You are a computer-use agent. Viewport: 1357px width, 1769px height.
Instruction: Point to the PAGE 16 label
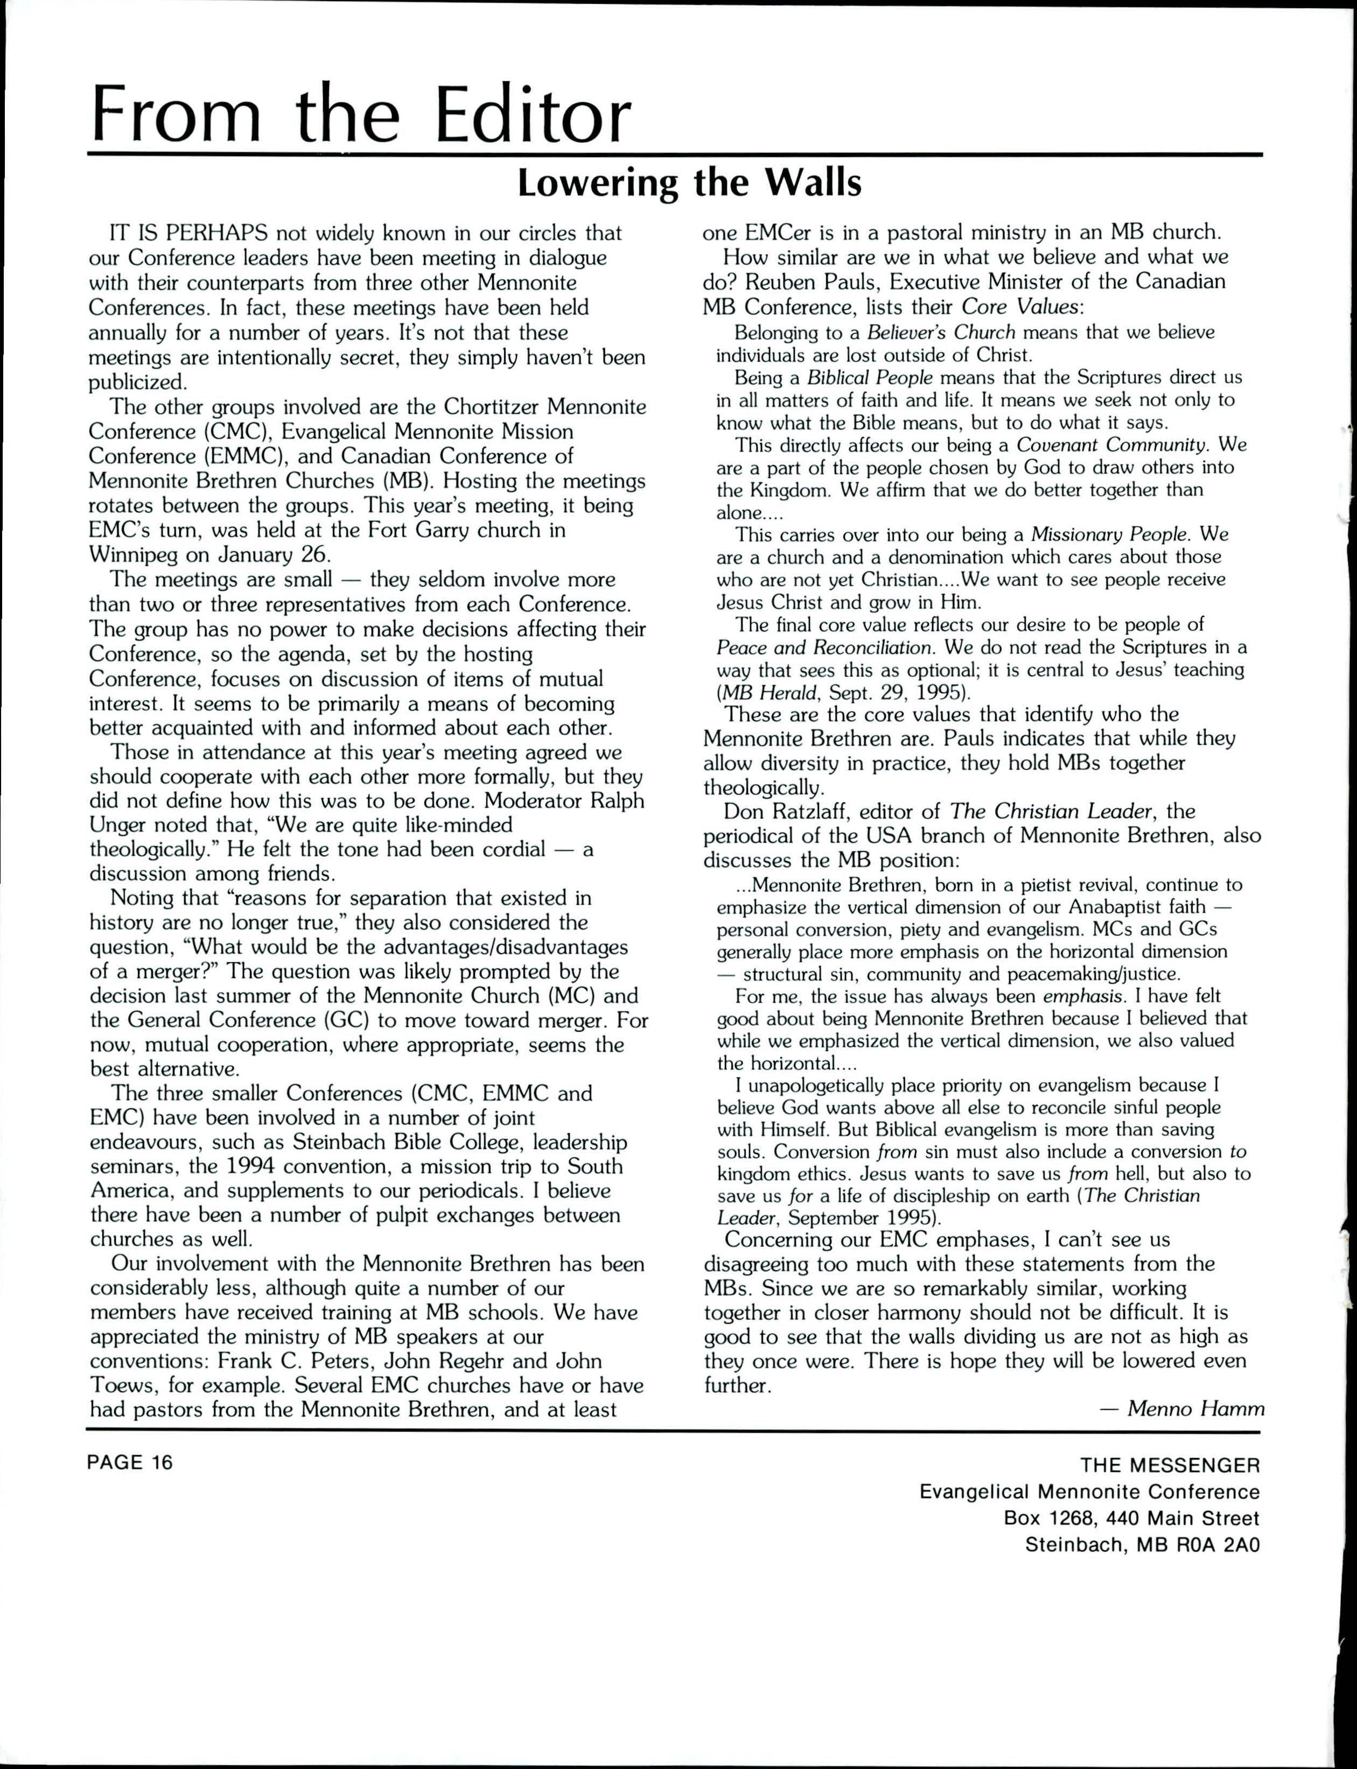click(x=130, y=1462)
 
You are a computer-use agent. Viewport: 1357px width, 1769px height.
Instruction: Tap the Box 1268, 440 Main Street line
click(x=1131, y=1518)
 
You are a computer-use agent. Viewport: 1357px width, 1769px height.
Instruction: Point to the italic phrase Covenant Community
click(x=1113, y=445)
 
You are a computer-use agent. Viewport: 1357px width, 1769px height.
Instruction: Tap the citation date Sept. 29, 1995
click(x=893, y=692)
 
